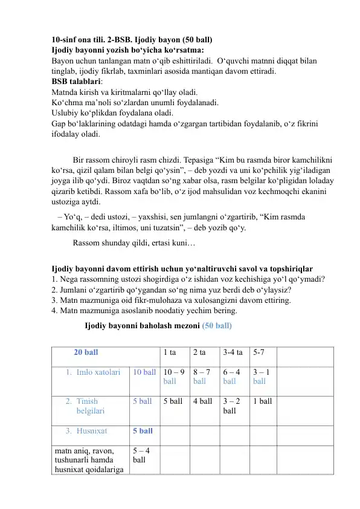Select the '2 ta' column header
199,351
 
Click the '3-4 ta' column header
233,351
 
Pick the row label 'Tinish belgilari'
91,406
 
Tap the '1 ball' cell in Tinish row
263,401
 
